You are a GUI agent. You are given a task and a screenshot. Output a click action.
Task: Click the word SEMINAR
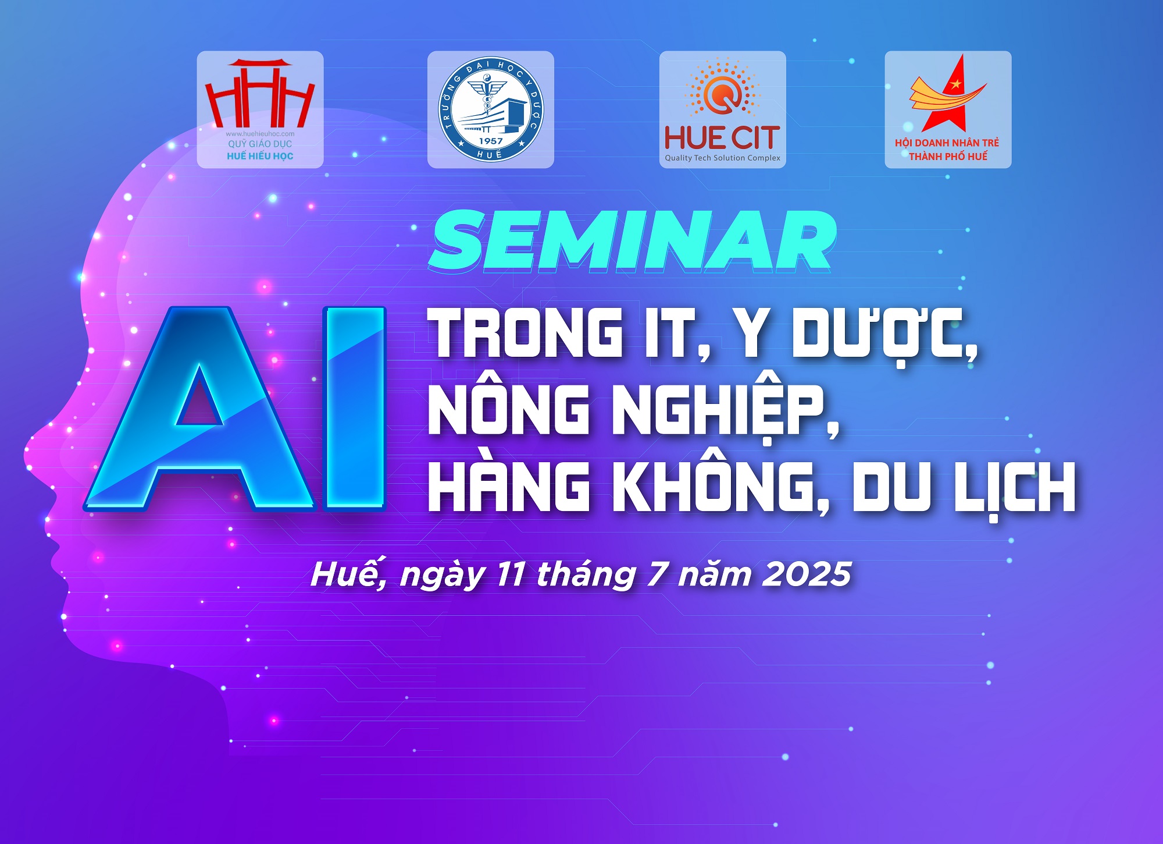point(632,241)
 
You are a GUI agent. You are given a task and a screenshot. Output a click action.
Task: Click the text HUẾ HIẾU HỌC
point(260,156)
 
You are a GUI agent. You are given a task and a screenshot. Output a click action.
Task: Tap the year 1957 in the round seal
point(490,141)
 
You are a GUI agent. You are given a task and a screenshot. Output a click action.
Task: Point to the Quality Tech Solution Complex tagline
point(722,158)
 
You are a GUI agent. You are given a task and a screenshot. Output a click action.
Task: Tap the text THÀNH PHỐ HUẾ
point(948,157)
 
